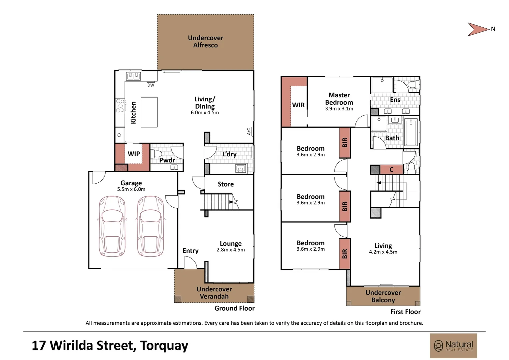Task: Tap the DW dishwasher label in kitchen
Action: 151,85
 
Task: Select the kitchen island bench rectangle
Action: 149,112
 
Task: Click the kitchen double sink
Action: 133,76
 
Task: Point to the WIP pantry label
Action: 134,154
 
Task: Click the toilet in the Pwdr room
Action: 156,154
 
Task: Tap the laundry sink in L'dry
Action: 241,169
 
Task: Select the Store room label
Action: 226,184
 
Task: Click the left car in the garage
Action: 112,226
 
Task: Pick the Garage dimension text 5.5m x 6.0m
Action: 131,189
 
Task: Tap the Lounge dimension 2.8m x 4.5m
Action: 231,250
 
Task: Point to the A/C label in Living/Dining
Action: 249,131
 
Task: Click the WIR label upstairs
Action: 298,105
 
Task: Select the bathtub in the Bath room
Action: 411,132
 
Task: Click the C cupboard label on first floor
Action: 391,170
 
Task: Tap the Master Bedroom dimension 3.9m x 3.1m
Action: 339,109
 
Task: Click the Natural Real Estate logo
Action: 453,346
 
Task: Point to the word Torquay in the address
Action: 164,346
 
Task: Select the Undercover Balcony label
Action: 383,296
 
